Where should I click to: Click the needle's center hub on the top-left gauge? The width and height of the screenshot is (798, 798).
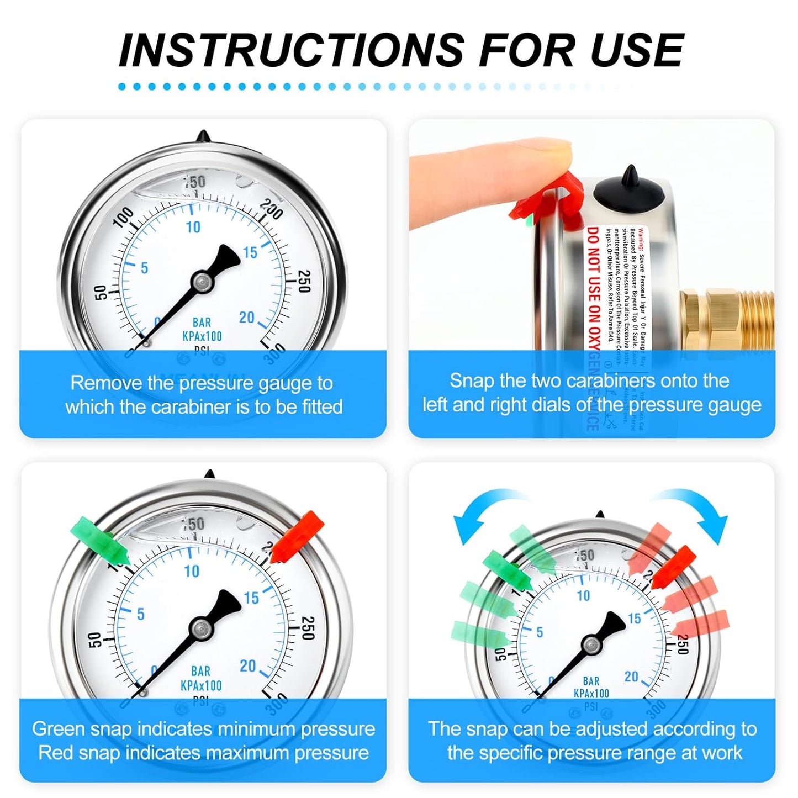(202, 282)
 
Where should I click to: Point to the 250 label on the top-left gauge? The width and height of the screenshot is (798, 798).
(304, 281)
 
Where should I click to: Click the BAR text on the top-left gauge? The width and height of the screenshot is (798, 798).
(202, 323)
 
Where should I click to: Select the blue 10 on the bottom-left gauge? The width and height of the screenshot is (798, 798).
(192, 571)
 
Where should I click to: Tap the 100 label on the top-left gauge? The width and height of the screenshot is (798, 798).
(123, 217)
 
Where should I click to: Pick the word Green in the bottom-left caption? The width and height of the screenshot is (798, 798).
(59, 729)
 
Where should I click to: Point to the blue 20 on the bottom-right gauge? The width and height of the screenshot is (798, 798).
(631, 677)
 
